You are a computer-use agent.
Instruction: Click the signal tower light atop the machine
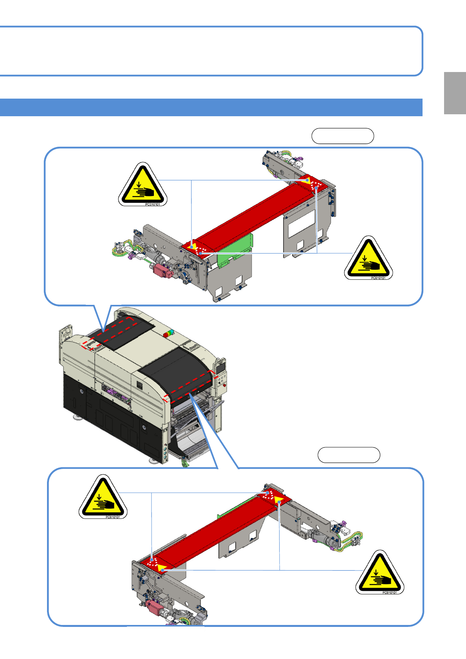(168, 334)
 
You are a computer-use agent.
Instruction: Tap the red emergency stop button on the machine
(225, 385)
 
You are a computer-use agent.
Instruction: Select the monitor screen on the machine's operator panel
(221, 367)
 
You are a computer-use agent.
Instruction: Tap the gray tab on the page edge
(455, 93)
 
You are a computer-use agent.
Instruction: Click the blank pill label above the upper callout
(343, 136)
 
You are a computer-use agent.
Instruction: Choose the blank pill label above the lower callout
(349, 455)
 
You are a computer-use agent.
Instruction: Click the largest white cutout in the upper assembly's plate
(302, 223)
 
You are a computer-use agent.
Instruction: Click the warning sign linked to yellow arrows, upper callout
(143, 184)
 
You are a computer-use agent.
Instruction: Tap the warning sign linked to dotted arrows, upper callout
(368, 258)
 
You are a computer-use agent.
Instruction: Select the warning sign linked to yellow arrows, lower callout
(380, 572)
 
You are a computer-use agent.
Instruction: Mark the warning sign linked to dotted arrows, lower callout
(103, 497)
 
